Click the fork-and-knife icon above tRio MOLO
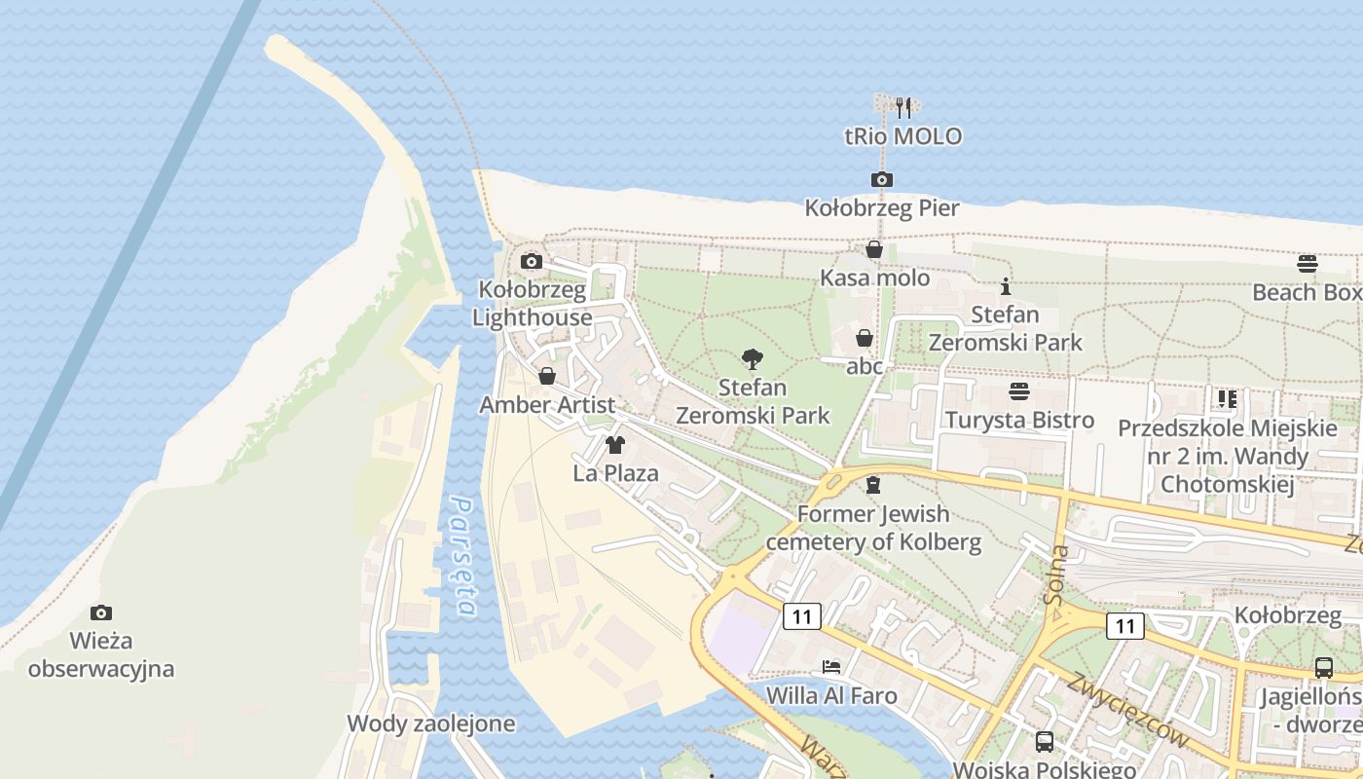pos(903,107)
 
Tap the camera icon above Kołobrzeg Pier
pos(881,179)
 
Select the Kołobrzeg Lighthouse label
pos(533,304)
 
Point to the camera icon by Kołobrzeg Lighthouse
pos(531,261)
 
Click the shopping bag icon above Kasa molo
pos(874,250)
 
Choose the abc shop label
pos(865,366)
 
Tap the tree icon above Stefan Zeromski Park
pos(752,359)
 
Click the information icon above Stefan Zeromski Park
pos(1006,287)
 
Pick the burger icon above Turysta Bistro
pos(1019,392)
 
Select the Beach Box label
pos(1307,292)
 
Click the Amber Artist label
pos(547,405)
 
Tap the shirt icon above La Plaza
pos(614,446)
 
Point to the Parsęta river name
pos(463,557)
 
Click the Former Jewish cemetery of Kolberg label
pos(874,528)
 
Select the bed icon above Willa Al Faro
pos(830,667)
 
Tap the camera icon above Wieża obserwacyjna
pos(100,612)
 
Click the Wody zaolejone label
pos(431,724)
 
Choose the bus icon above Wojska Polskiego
pos(1045,741)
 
